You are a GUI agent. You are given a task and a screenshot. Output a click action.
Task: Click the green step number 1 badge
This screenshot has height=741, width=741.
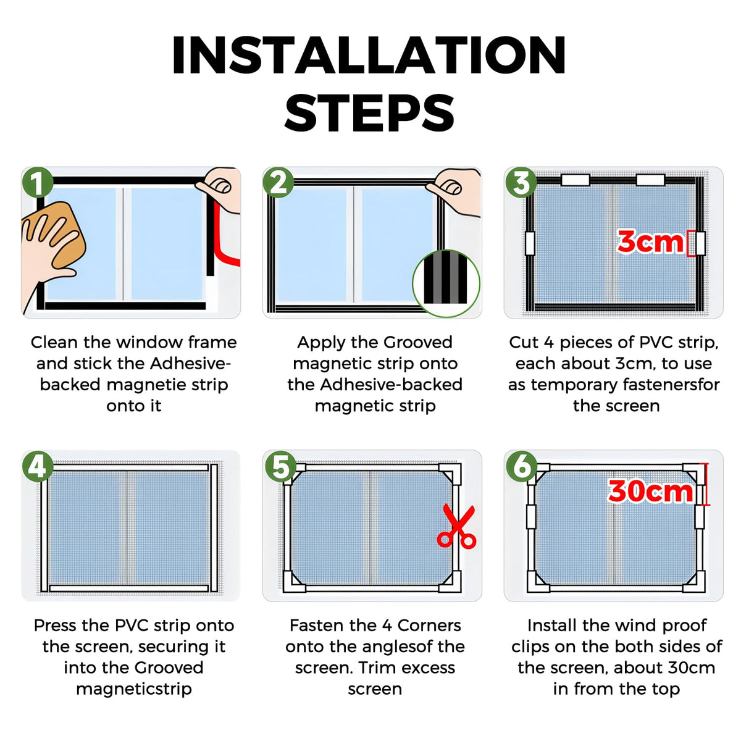37,183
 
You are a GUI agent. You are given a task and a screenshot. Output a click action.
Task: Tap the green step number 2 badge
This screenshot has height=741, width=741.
278,183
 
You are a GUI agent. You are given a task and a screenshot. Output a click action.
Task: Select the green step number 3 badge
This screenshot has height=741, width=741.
520,183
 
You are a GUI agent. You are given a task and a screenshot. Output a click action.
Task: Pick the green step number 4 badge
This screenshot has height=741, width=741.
37,466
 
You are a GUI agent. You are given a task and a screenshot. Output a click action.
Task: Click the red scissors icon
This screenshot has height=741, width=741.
457,526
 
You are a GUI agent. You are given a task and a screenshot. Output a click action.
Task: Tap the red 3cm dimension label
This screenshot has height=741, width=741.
650,242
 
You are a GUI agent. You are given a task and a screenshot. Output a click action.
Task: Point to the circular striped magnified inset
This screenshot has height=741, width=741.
446,283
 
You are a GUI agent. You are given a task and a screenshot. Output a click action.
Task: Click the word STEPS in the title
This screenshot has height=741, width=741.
369,112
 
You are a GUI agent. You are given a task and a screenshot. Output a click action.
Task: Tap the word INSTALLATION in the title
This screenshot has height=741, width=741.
369,54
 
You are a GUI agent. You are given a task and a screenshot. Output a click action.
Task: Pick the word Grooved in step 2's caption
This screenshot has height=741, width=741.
417,342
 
